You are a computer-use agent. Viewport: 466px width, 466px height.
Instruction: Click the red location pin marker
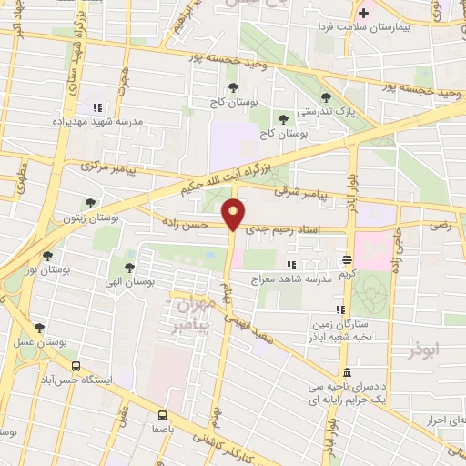tap(234, 214)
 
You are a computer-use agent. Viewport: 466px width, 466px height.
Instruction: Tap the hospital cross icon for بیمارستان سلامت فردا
tap(364, 13)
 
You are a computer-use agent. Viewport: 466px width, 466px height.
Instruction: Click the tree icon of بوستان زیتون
tap(89, 203)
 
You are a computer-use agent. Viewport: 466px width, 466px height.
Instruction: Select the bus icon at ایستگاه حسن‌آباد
tap(75, 367)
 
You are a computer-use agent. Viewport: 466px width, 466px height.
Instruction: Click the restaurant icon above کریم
tap(347, 259)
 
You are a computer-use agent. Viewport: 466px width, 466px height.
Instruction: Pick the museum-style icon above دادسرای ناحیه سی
tap(347, 372)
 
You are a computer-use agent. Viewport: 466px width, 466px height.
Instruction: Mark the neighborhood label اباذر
tap(431, 347)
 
